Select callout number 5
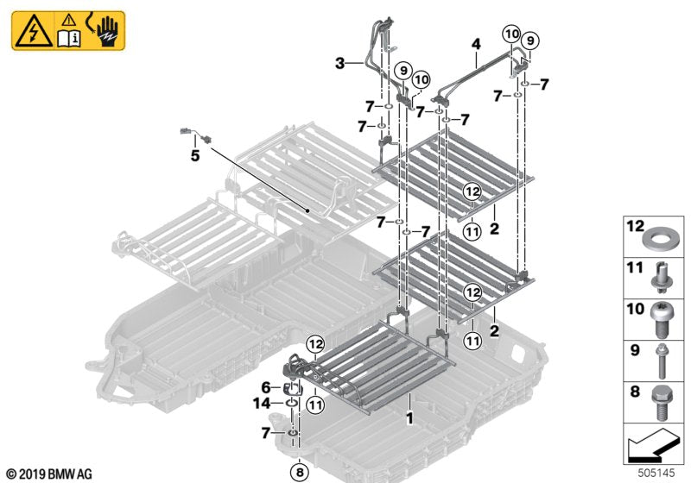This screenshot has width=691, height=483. (195, 156)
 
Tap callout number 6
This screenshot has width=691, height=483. (267, 388)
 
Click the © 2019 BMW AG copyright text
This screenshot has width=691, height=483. (48, 474)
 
